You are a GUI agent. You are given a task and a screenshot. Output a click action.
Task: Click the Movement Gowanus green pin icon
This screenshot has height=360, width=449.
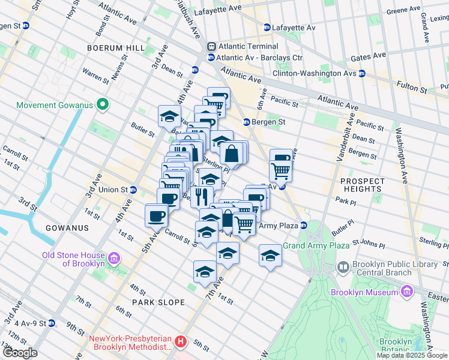(103, 105)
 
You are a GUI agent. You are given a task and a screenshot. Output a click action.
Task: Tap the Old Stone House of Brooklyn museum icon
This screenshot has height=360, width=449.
(114, 259)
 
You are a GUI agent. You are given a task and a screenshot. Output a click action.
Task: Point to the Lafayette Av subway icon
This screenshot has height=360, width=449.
(267, 28)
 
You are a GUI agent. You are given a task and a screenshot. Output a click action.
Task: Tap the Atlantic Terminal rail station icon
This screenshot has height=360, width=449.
(211, 47)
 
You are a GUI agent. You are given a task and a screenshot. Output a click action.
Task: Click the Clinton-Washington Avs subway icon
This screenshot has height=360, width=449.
(362, 74)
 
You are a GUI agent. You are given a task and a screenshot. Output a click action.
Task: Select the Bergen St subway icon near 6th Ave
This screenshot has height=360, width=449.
(246, 122)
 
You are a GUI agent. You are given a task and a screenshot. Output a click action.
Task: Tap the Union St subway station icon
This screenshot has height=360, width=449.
(133, 190)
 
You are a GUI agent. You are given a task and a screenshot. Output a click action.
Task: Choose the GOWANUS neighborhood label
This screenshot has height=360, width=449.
(67, 228)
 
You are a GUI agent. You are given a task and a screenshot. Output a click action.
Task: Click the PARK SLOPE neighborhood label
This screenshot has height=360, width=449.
(158, 302)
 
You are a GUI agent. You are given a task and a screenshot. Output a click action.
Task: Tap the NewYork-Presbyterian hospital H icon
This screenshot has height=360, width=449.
(181, 343)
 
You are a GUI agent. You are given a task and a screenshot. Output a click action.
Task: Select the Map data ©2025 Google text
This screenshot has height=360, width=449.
(412, 355)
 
